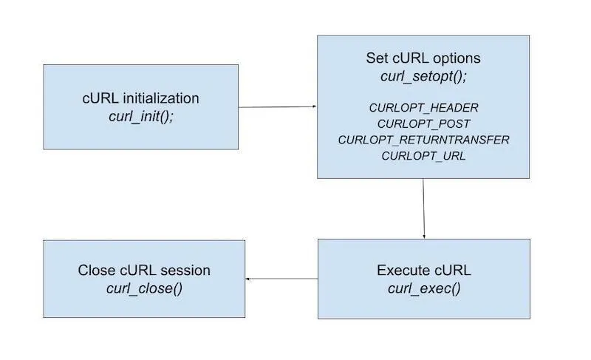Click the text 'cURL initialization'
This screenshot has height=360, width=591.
coord(140,98)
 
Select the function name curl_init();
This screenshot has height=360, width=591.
coord(140,117)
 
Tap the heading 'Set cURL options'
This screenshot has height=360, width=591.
coord(423,58)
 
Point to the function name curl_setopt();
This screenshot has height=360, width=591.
coord(423,75)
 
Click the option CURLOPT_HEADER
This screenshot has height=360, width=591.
coord(423,107)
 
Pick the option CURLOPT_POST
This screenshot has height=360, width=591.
coord(423,123)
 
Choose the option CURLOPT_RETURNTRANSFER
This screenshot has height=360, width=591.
coord(423,140)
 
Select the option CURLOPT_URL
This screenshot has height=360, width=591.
coord(423,156)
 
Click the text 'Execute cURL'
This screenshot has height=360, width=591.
coord(423,270)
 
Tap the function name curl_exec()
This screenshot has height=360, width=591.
coord(423,288)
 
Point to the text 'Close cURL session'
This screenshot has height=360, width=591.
coord(144,271)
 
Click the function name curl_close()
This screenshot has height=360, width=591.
coord(144,288)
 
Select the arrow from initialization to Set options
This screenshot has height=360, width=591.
coord(278,106)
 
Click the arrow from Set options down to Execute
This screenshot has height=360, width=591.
coord(423,208)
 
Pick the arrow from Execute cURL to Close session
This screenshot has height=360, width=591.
coord(281,279)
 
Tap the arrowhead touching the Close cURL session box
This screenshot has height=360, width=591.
coord(248,279)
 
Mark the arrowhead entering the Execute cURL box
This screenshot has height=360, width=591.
coord(424,236)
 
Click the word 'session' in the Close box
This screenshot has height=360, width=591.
coord(185,271)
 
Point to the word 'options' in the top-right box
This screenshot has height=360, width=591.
coord(457,58)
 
